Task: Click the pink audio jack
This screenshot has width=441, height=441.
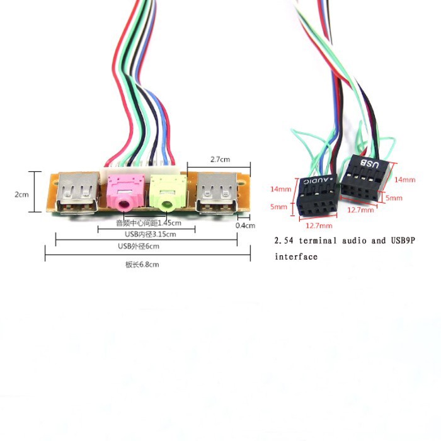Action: [x=126, y=192]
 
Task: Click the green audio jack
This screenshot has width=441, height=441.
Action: [x=168, y=193]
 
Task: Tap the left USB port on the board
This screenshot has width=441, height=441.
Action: [x=78, y=193]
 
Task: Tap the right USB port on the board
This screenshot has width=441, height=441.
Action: [x=217, y=193]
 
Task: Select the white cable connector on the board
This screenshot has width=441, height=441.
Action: [x=139, y=170]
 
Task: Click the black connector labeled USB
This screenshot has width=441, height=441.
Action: [x=366, y=178]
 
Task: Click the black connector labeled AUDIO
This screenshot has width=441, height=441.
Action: [x=317, y=195]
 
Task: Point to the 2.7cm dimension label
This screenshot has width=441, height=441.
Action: [x=220, y=159]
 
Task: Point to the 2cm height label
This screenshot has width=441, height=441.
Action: [x=21, y=194]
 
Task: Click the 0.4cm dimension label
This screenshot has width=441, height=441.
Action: [x=245, y=226]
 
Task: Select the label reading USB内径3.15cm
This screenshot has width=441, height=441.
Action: [x=151, y=234]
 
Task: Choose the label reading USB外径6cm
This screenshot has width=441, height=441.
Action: [x=139, y=246]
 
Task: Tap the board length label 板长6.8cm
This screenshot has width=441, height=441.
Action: [x=142, y=265]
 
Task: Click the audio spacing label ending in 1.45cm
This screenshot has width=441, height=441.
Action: [x=149, y=223]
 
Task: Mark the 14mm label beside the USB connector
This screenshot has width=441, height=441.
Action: [x=404, y=180]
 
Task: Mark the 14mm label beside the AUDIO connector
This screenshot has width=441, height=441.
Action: [x=281, y=189]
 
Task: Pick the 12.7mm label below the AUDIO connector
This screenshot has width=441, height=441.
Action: [x=319, y=226]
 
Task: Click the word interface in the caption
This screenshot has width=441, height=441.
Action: [x=296, y=257]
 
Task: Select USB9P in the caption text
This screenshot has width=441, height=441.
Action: [x=403, y=241]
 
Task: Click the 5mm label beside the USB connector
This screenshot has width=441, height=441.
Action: [x=394, y=198]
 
